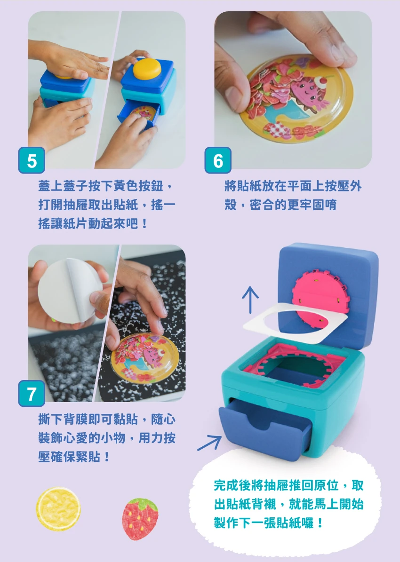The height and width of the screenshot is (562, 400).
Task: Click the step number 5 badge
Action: tap(32, 160)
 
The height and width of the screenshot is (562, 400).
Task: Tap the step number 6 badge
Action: tap(218, 160)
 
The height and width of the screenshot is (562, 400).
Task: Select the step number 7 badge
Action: tap(32, 394)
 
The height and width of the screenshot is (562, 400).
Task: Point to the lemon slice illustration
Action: tap(58, 509)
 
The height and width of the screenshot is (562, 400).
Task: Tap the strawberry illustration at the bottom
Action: tap(140, 518)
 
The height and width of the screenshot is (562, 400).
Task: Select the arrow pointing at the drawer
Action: tap(209, 443)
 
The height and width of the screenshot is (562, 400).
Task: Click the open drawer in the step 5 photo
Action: tap(138, 114)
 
